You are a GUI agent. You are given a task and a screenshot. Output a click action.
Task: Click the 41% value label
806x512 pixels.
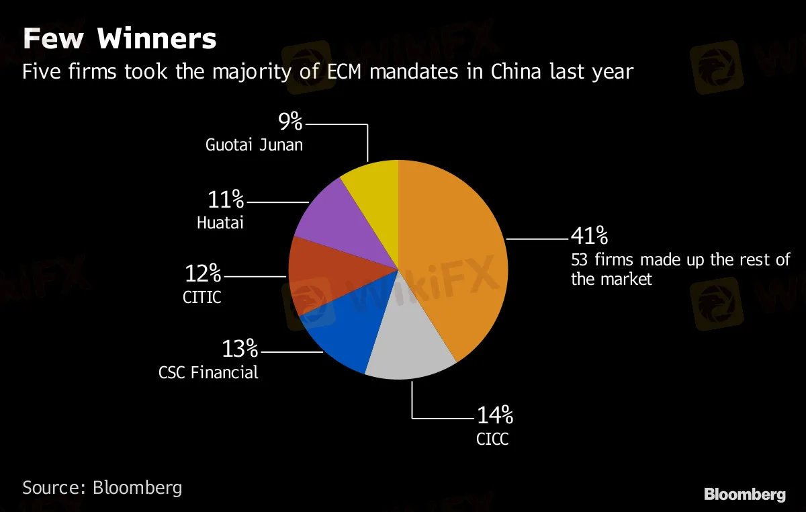(x=589, y=236)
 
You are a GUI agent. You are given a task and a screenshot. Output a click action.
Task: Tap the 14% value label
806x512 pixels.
(x=495, y=416)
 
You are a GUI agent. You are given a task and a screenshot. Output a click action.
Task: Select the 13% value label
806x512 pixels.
(x=240, y=349)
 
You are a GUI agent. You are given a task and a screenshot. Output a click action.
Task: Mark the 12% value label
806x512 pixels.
(x=202, y=273)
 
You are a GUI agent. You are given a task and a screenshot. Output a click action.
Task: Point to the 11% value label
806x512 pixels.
(x=227, y=199)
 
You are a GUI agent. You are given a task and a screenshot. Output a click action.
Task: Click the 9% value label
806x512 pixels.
(x=291, y=122)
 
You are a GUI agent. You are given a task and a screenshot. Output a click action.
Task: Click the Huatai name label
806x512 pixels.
(x=220, y=222)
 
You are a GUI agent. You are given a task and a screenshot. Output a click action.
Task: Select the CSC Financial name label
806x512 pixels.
(x=208, y=372)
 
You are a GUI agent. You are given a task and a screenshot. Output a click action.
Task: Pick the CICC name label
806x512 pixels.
(x=492, y=439)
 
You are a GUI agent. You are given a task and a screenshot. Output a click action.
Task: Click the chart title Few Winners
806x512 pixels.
(x=120, y=39)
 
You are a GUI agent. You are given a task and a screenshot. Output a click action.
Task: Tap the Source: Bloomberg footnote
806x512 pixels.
(x=102, y=487)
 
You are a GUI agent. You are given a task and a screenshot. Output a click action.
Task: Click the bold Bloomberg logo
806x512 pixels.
(x=744, y=495)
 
